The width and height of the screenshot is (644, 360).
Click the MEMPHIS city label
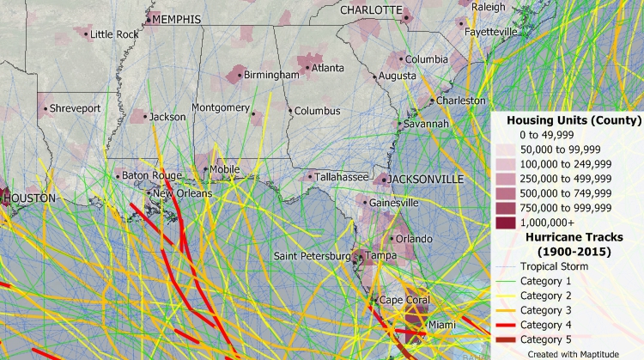click(x=177, y=19)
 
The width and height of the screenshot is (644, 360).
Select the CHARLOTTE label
click(x=371, y=10)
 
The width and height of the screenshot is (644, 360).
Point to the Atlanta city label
click(x=327, y=68)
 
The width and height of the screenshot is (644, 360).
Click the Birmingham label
click(x=270, y=75)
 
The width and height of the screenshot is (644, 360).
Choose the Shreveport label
click(x=75, y=108)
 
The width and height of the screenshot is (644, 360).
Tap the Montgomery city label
click(x=220, y=107)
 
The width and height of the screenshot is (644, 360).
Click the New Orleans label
click(x=181, y=193)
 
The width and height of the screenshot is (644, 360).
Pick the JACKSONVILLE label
click(x=426, y=179)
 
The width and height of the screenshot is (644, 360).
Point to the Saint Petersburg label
click(x=312, y=256)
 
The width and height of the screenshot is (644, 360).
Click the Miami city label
click(x=442, y=324)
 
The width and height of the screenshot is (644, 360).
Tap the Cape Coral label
click(x=404, y=300)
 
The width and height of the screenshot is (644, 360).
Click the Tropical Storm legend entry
click(x=557, y=266)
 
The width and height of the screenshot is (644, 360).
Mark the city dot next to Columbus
click(x=291, y=111)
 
